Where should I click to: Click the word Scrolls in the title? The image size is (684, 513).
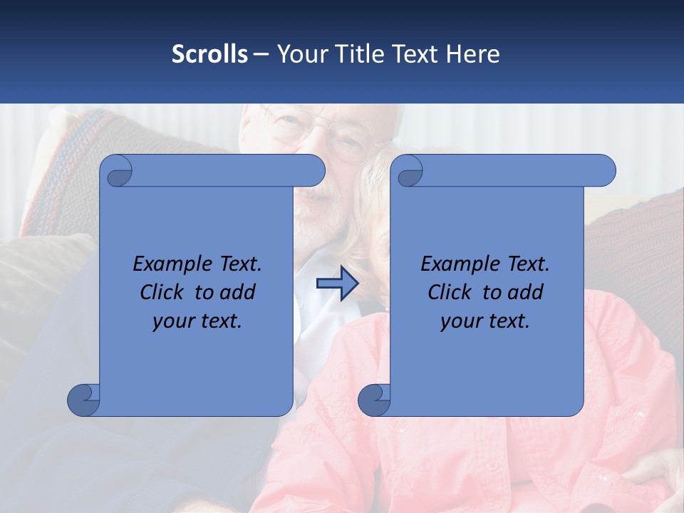point(209,54)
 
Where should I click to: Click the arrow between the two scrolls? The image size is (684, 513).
point(337,284)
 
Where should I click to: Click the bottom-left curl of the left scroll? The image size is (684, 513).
point(83,400)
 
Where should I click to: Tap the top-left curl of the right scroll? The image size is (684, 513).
point(409,172)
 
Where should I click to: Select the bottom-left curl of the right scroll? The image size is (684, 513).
point(374,400)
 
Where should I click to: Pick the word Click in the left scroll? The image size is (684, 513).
point(160,292)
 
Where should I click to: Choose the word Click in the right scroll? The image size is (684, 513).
point(448,292)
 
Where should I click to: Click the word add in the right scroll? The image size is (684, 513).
point(527,292)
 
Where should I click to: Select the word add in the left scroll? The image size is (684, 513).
point(239,292)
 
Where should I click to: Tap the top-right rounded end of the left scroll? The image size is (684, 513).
point(313,171)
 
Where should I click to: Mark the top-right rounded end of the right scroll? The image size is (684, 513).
point(604,171)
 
